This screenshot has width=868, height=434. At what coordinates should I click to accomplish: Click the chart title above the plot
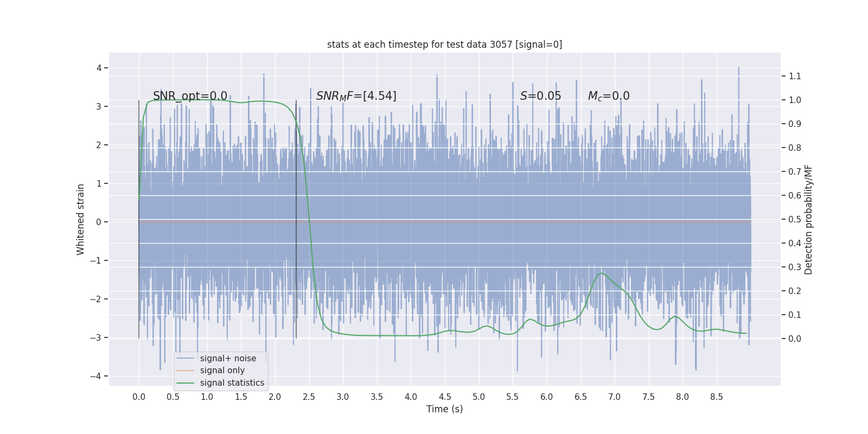pyautogui.click(x=444, y=44)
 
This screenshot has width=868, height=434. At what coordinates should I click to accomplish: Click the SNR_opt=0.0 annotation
pyautogui.click(x=190, y=96)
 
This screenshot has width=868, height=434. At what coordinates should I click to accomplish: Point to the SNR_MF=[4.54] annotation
pyautogui.click(x=356, y=96)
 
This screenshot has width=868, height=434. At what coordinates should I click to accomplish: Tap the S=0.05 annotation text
pyautogui.click(x=540, y=96)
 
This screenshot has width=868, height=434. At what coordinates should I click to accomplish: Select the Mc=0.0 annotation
pyautogui.click(x=609, y=96)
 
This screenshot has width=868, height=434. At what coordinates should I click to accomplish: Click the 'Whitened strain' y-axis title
pyautogui.click(x=81, y=219)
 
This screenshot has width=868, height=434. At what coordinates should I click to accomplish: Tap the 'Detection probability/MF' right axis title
pyautogui.click(x=808, y=219)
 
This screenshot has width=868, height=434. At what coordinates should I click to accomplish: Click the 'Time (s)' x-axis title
pyautogui.click(x=444, y=409)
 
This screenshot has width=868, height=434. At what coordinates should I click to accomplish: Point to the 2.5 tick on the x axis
pyautogui.click(x=309, y=397)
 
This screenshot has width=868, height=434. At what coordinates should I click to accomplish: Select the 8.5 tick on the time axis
pyautogui.click(x=716, y=397)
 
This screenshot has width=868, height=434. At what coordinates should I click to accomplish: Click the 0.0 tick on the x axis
pyautogui.click(x=139, y=397)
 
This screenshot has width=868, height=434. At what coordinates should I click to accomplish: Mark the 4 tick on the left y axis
pyautogui.click(x=99, y=68)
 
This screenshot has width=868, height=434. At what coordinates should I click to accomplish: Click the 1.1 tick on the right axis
pyautogui.click(x=795, y=76)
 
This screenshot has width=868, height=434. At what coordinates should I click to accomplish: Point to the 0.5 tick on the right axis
pyautogui.click(x=795, y=219)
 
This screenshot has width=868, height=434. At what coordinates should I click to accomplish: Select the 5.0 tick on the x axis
pyautogui.click(x=478, y=397)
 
